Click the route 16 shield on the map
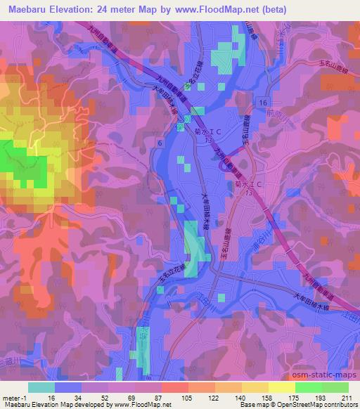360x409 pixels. click(262, 103)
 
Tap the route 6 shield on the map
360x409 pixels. click(160, 143)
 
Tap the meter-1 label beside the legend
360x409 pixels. click(13, 398)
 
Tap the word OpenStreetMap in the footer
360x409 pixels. click(292, 405)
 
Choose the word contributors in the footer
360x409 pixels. click(337, 405)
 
